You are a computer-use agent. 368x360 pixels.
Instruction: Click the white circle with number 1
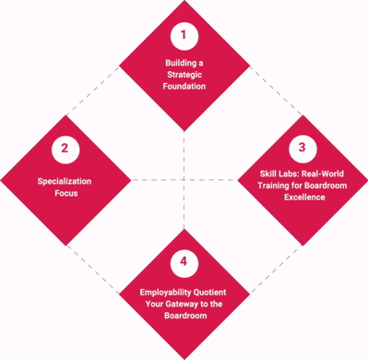pyautogui.click(x=184, y=36)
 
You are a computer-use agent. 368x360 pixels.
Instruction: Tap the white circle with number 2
pyautogui.click(x=65, y=148)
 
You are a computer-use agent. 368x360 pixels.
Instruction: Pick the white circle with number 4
pyautogui.click(x=184, y=261)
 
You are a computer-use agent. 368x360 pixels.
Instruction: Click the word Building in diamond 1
pyautogui.click(x=172, y=63)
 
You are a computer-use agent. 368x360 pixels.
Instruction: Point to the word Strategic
pyautogui.click(x=184, y=75)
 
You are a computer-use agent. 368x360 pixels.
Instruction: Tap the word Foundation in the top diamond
pyautogui.click(x=184, y=87)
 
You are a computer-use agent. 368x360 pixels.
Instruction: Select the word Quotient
pyautogui.click(x=210, y=292)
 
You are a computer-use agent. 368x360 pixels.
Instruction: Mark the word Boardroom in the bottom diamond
pyautogui.click(x=184, y=316)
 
